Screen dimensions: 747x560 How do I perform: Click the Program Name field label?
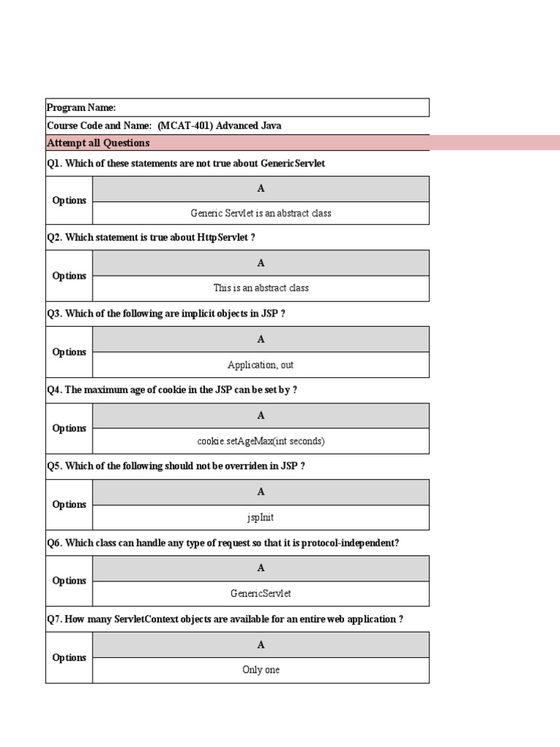pyautogui.click(x=82, y=107)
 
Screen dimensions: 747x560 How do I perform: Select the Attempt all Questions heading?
pyautogui.click(x=98, y=143)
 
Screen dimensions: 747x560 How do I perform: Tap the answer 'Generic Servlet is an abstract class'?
pyautogui.click(x=260, y=213)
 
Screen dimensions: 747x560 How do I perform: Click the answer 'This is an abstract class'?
pyautogui.click(x=260, y=288)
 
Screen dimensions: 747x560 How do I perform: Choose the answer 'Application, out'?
pyautogui.click(x=260, y=365)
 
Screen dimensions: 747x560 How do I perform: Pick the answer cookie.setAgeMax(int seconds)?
pyautogui.click(x=260, y=441)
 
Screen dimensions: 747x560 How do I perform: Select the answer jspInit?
pyautogui.click(x=260, y=517)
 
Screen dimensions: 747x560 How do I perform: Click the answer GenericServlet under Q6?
pyautogui.click(x=260, y=594)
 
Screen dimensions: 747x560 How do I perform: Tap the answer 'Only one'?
pyautogui.click(x=260, y=670)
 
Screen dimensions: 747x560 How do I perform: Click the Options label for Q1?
pyautogui.click(x=69, y=201)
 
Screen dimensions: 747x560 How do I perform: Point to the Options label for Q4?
pyautogui.click(x=69, y=428)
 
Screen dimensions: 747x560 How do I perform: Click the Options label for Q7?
pyautogui.click(x=69, y=657)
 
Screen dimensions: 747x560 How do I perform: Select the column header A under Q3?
pyautogui.click(x=260, y=339)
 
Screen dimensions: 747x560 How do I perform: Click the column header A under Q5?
pyautogui.click(x=260, y=492)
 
